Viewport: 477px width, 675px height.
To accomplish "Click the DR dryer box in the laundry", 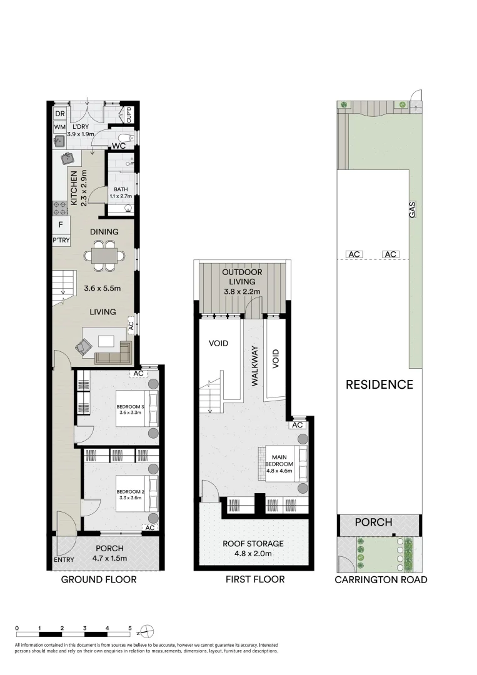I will (60, 114).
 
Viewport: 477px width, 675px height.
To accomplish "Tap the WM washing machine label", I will (60, 127).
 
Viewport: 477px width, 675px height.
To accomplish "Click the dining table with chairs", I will (104, 256).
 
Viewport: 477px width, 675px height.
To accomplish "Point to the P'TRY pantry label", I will (61, 240).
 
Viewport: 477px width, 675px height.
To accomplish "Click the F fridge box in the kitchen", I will (61, 225).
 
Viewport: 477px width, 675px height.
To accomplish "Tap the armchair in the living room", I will (84, 345).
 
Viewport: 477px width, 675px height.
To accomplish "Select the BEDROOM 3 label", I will (130, 408).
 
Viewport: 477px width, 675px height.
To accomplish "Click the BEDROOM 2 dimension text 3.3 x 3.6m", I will (130, 498).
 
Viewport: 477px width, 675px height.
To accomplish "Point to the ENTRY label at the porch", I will (63, 560).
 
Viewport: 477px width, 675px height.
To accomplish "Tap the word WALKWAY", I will (255, 367).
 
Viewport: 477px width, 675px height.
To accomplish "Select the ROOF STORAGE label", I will (254, 544).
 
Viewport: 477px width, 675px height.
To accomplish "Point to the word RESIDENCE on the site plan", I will (379, 384).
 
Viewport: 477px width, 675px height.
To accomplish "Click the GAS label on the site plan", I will (412, 210).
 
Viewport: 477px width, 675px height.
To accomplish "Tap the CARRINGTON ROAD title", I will (381, 579).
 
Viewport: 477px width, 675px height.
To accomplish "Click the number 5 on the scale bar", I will (130, 627).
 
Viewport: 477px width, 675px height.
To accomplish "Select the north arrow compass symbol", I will (146, 629).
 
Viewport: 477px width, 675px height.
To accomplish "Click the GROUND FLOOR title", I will (98, 579).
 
